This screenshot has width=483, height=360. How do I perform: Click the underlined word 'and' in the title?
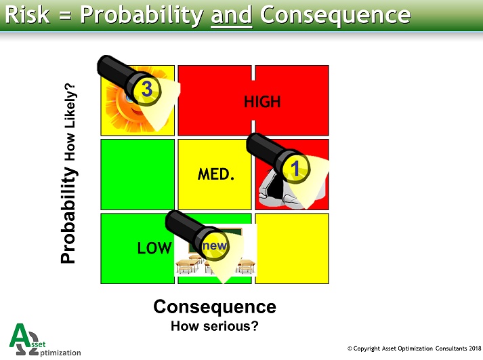[231, 15]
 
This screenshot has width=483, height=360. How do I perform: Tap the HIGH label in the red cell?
[261, 102]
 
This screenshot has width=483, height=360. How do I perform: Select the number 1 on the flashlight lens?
[295, 168]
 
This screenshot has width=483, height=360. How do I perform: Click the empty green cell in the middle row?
[138, 175]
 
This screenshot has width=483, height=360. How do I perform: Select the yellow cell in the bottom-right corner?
[292, 248]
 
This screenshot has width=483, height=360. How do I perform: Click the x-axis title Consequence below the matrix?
[215, 306]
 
